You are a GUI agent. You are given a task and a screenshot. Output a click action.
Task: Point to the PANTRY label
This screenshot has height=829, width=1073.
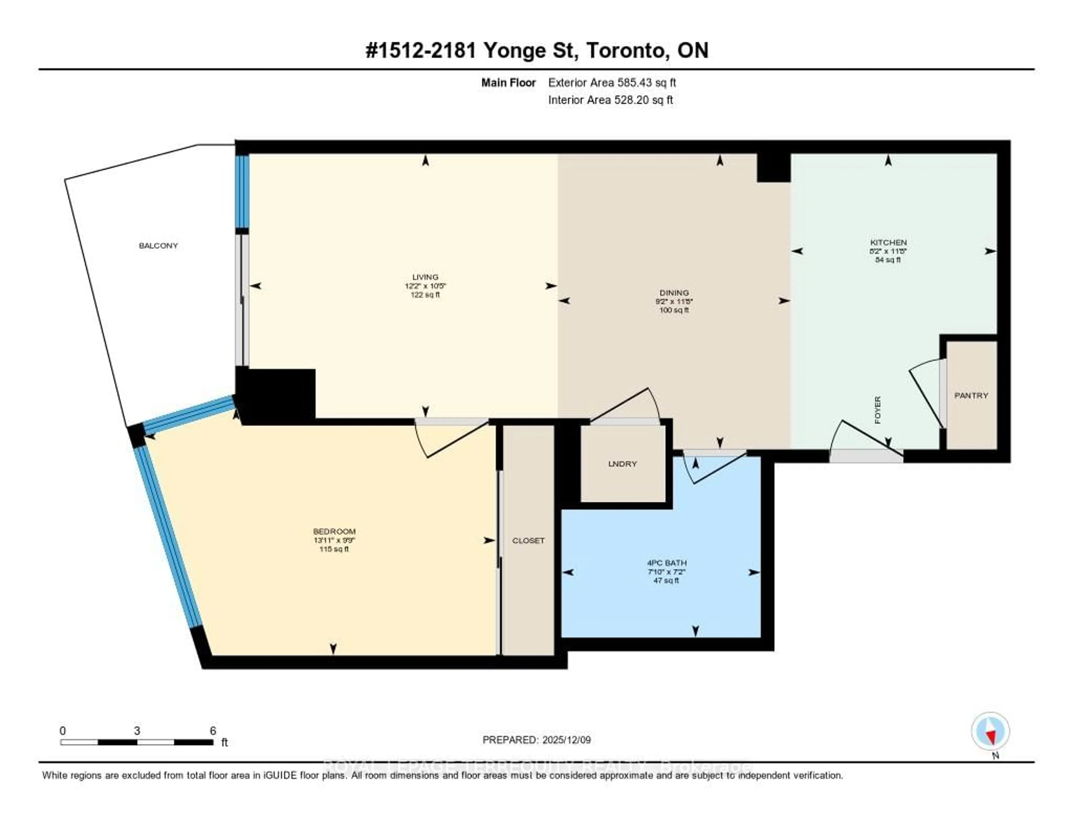[971, 395]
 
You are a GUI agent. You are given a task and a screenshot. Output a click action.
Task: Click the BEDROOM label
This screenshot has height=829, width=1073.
[334, 531]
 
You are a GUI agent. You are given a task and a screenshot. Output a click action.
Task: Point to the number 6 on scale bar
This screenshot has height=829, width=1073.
[213, 731]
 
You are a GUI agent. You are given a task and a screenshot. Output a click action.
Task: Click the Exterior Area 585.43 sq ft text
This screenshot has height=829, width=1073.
[612, 82]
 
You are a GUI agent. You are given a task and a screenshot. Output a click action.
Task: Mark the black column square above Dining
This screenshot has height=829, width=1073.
[773, 168]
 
